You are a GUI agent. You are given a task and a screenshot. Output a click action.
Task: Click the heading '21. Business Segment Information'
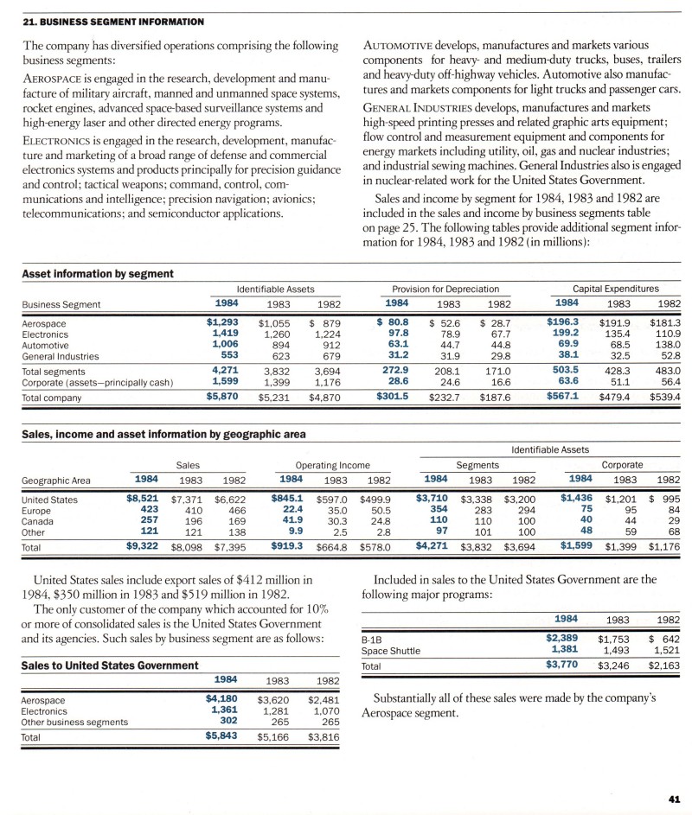(112, 21)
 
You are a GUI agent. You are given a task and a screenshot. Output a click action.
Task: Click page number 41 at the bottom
(676, 798)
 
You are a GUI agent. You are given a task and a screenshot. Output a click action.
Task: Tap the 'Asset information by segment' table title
(97, 274)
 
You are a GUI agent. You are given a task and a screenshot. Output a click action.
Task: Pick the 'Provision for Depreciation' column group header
(445, 288)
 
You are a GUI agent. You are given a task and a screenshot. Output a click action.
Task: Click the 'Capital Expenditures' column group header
(616, 288)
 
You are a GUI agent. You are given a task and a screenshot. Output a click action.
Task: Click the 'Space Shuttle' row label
(391, 650)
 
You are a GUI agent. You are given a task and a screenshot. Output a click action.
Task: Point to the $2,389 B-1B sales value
(561, 638)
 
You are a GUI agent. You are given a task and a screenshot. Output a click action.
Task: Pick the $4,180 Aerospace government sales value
(222, 697)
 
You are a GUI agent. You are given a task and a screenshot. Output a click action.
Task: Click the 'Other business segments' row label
(74, 721)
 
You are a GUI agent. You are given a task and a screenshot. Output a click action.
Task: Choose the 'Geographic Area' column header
(59, 480)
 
